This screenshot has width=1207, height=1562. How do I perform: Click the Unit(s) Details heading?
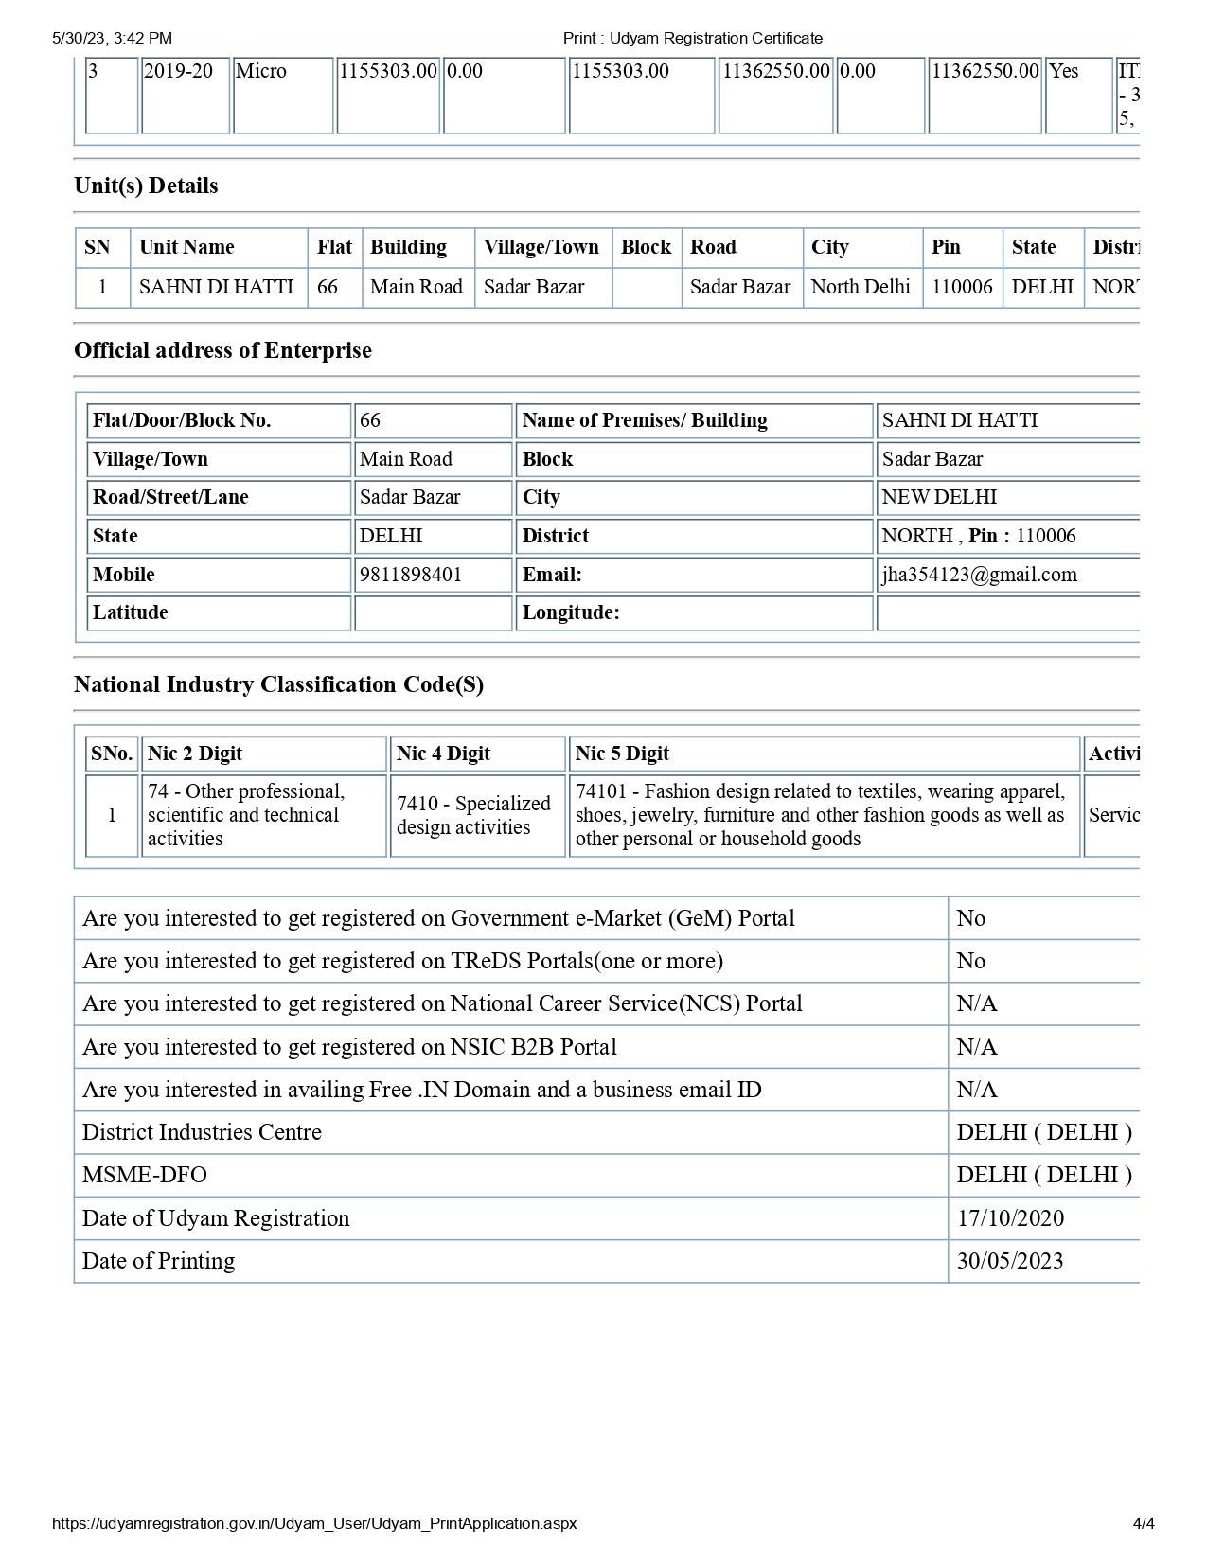pos(146,186)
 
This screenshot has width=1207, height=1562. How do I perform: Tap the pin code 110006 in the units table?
pos(962,287)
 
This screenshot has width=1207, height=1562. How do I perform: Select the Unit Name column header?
pos(186,247)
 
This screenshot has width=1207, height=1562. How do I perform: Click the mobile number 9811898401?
pos(411,575)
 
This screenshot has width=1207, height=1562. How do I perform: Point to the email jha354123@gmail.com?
pos(979,575)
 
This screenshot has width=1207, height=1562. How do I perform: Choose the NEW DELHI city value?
pos(939,497)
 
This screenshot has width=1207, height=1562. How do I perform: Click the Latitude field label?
pos(131,612)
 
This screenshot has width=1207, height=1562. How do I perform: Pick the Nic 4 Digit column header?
pos(443,754)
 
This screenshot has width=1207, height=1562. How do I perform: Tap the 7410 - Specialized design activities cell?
pos(473,815)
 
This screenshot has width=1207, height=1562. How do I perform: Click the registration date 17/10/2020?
pos(1010,1218)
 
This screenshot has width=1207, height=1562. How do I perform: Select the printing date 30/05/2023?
pos(1010,1261)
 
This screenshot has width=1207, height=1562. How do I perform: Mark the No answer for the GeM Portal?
pos(971,918)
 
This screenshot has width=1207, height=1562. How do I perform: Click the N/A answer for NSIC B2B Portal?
pos(977,1047)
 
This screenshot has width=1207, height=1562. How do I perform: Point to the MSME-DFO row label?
pos(144,1175)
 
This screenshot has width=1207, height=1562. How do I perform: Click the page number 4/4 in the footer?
pos(1144,1523)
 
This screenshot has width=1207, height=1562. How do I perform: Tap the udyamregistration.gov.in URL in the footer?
pos(314,1523)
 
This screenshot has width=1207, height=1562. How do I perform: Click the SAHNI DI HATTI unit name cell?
pos(217,287)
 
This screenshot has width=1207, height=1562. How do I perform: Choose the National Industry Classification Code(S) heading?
pos(278,684)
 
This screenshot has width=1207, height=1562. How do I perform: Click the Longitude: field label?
pos(571,612)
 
